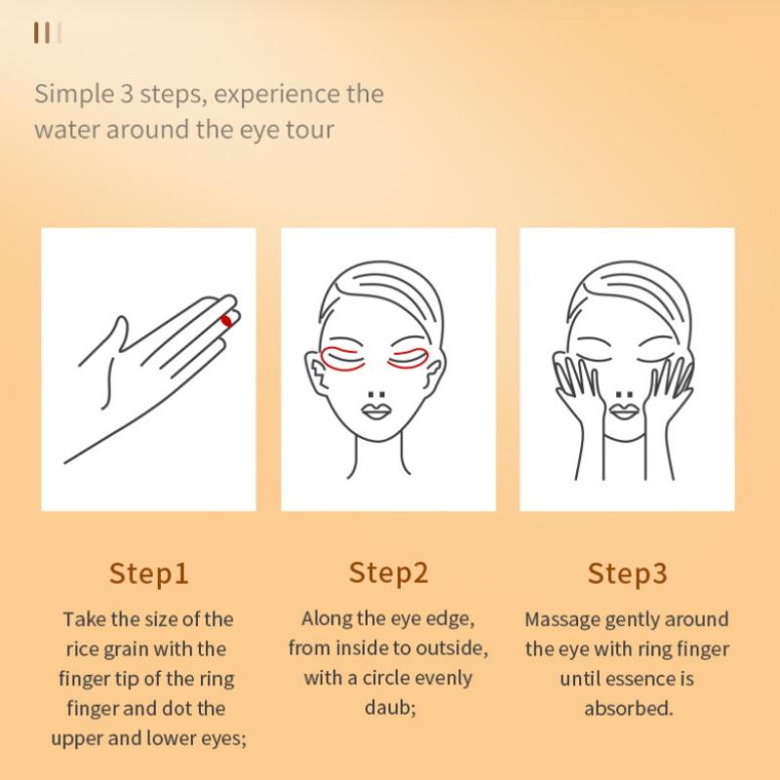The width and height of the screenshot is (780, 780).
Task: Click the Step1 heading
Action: (x=149, y=573)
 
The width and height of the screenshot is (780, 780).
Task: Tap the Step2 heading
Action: (x=388, y=572)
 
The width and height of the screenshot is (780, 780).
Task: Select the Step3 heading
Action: (x=627, y=573)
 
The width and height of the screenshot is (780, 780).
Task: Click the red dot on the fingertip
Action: (x=227, y=321)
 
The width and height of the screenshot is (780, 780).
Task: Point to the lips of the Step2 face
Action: (x=376, y=411)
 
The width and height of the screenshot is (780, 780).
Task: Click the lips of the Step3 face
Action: (x=624, y=411)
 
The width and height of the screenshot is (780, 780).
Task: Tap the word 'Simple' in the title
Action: (x=74, y=95)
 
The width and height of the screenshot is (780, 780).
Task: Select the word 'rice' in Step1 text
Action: (x=83, y=649)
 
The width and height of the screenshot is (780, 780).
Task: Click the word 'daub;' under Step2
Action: (x=390, y=708)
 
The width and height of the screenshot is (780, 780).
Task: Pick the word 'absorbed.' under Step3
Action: (x=628, y=709)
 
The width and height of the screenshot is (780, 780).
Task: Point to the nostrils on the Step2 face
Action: (x=376, y=395)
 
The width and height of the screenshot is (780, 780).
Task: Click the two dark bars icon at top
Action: (x=42, y=33)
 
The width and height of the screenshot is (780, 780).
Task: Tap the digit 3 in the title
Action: (x=127, y=95)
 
